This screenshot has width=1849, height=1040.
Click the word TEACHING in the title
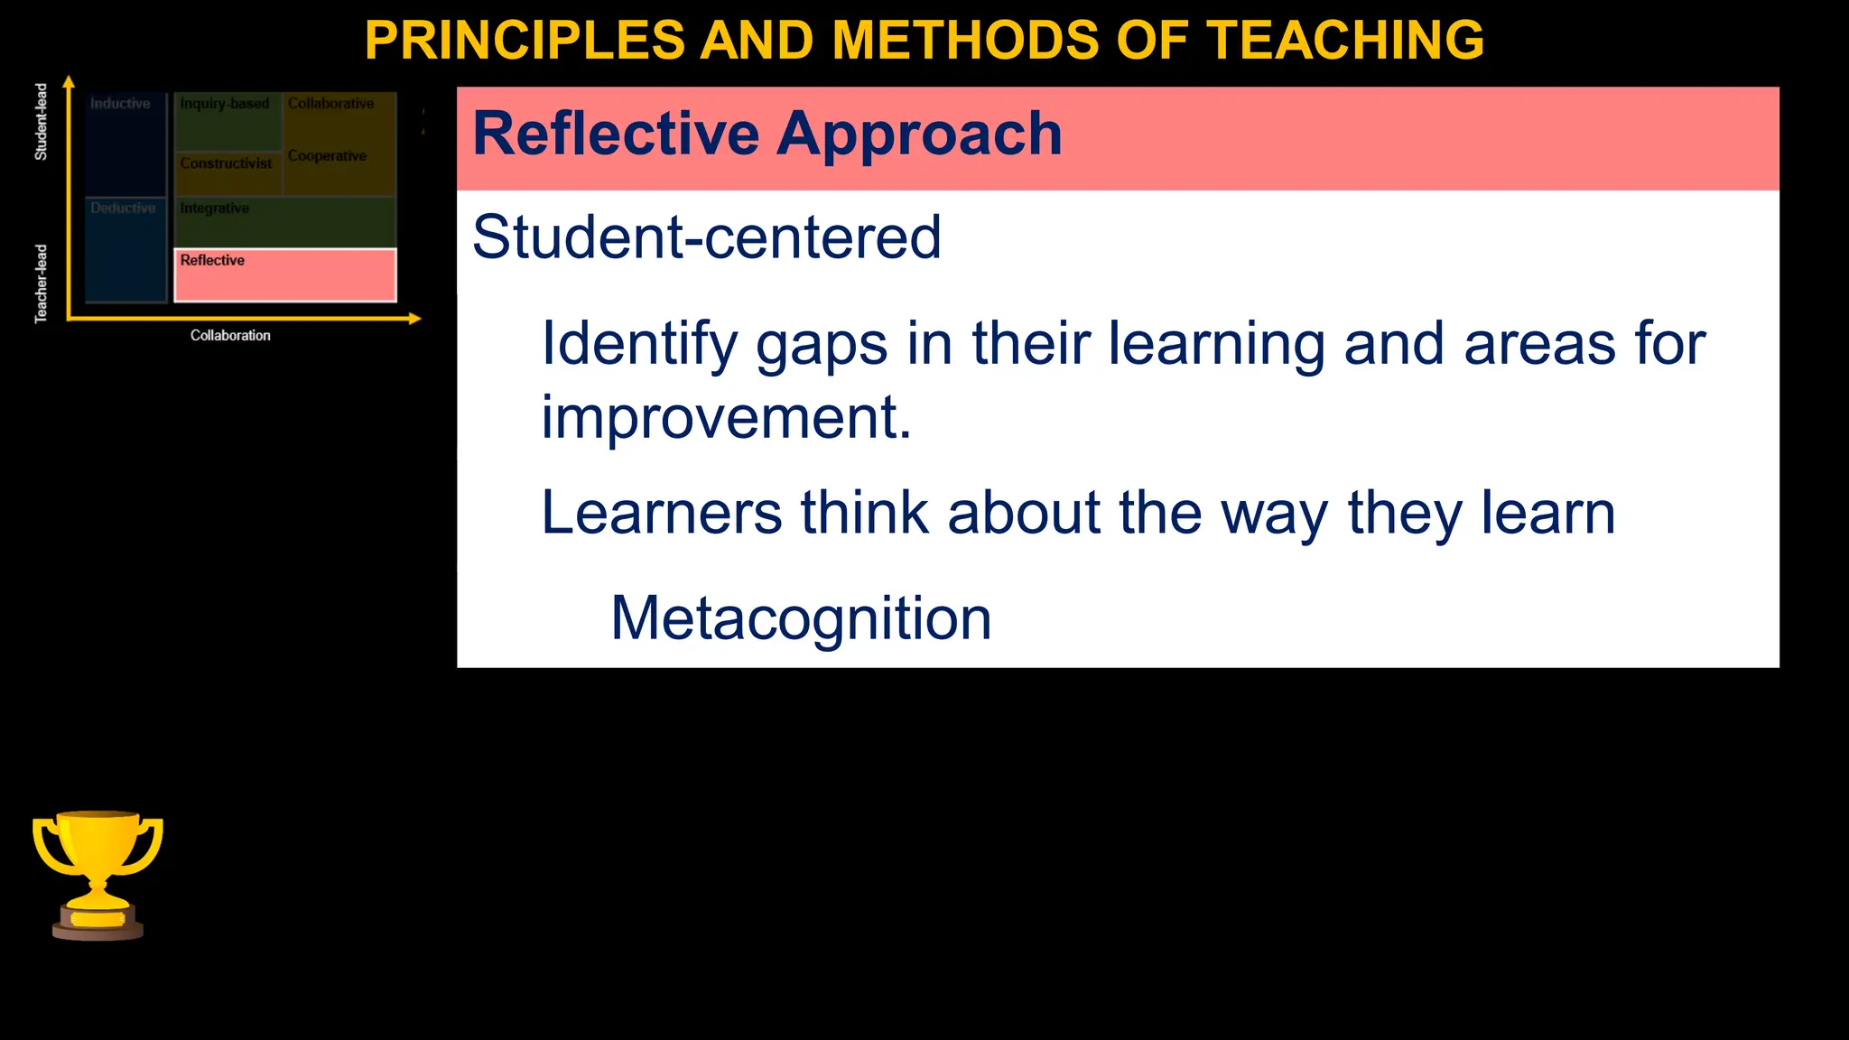[x=1345, y=41]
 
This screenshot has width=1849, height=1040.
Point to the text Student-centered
[x=706, y=237]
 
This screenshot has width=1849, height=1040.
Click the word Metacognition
[x=801, y=618]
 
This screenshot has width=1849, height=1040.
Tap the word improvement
[x=726, y=418]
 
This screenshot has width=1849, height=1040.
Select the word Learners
[x=661, y=513]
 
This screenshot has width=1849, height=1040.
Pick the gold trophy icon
[x=98, y=875]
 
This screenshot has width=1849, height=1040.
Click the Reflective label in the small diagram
[x=212, y=261]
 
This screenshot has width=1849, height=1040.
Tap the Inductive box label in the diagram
[x=120, y=104]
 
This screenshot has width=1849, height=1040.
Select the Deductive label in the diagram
[x=123, y=209]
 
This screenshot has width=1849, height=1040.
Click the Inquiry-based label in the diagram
[x=225, y=104]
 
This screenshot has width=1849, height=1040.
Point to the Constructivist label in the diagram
[x=226, y=163]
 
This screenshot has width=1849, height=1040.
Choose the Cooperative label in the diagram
[x=327, y=156]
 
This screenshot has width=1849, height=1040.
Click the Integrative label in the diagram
[x=214, y=209]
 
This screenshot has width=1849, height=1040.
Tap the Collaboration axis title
[x=230, y=336]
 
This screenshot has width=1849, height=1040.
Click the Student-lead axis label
[x=41, y=122]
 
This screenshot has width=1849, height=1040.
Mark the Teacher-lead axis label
[x=41, y=283]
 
